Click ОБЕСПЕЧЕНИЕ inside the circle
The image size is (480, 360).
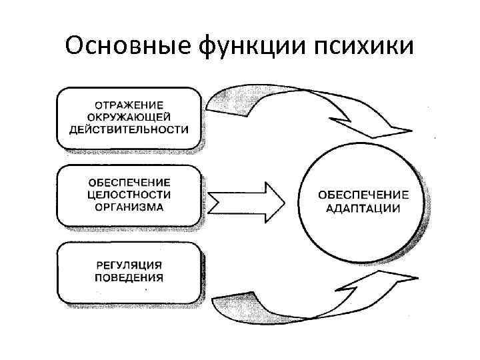[x=363, y=195]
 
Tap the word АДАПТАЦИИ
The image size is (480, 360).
[x=363, y=207]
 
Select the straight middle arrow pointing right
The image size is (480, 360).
[x=247, y=199]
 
